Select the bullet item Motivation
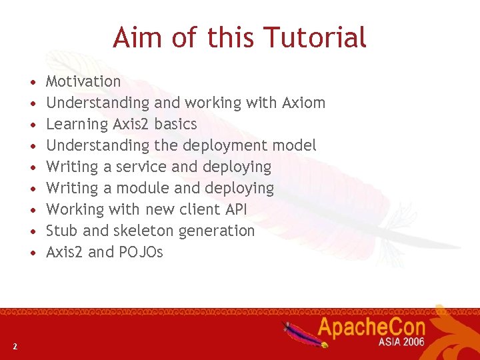pos(83,81)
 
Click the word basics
pos(175,124)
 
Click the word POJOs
pos(141,252)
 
